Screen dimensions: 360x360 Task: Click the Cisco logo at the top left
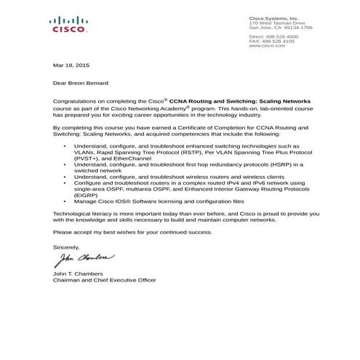click(x=69, y=25)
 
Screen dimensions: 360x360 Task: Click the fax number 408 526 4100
click(x=279, y=41)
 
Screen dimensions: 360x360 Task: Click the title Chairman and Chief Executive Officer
click(x=105, y=280)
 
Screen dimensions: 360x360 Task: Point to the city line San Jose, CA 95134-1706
click(x=281, y=28)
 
